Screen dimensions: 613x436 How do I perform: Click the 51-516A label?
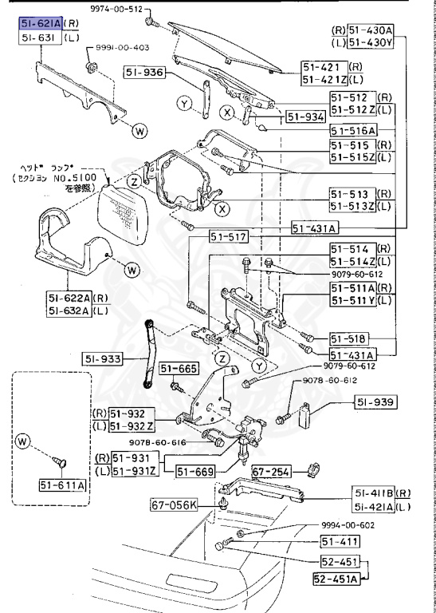click(353, 129)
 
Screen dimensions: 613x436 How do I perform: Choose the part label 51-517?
click(229, 237)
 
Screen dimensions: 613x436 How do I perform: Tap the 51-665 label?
click(178, 368)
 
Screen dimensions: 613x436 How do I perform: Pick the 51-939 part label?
click(375, 401)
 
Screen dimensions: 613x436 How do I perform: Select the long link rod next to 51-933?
click(149, 352)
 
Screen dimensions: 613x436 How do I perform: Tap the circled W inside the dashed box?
click(22, 440)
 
